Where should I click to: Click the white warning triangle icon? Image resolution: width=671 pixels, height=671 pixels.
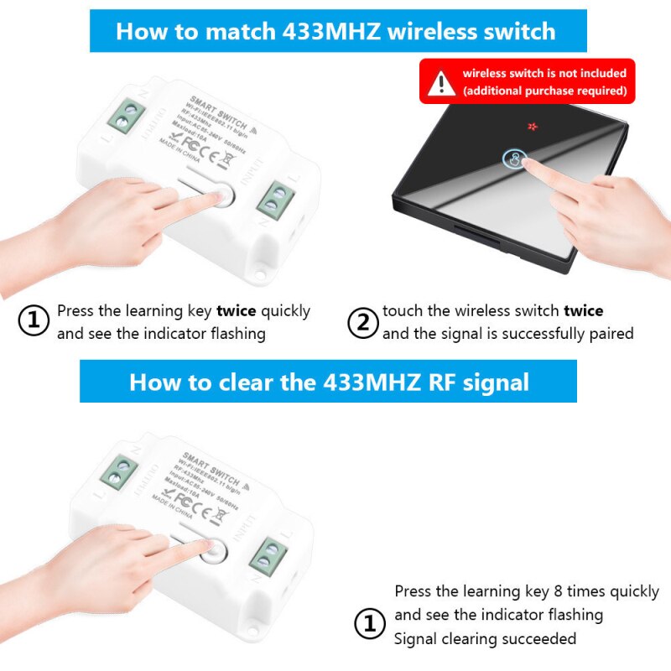[x=441, y=82]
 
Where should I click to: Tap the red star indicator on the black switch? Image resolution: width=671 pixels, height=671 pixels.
[x=531, y=127]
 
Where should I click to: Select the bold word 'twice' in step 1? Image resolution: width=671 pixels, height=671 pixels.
[x=237, y=311]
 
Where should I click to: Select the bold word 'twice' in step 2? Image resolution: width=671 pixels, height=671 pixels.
[x=583, y=311]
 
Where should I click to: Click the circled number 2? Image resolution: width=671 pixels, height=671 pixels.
[x=363, y=322]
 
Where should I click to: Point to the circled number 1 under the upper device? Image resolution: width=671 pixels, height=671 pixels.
[x=34, y=322]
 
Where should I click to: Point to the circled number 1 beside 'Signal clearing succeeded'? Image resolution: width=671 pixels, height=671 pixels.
[x=370, y=623]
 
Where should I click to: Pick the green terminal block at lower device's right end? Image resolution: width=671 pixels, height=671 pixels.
[x=270, y=554]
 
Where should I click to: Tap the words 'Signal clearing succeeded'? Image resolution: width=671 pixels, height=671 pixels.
[x=485, y=639]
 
